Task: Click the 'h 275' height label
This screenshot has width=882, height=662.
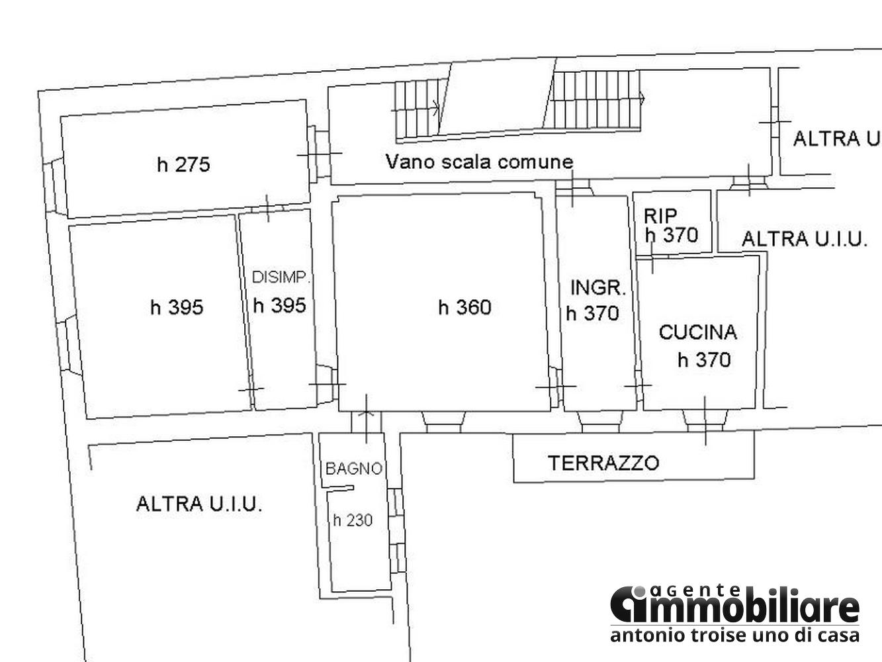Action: click(184, 165)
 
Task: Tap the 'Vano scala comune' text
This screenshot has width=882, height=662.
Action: click(479, 162)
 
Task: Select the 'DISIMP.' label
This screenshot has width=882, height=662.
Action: click(281, 277)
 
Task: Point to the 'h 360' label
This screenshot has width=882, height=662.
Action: click(465, 307)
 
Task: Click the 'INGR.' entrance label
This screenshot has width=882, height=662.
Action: click(598, 288)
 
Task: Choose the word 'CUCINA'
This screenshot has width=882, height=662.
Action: click(698, 332)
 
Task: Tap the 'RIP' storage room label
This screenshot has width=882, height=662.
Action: click(660, 216)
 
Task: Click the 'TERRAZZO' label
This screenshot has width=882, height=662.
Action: click(603, 463)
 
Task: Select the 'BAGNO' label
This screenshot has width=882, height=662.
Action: click(353, 469)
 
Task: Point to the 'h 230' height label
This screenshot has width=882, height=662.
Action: click(353, 520)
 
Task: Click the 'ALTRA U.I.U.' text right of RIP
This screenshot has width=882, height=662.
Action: click(804, 239)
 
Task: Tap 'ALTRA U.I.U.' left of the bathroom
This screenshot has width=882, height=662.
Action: click(199, 504)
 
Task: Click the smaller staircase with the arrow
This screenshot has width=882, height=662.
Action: click(418, 109)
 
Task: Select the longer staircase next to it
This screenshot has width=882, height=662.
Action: click(593, 100)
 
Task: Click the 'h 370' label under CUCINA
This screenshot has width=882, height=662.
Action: click(704, 359)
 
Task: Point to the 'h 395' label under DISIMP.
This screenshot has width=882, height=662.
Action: click(280, 305)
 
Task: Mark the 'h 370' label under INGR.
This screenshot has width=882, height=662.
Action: click(592, 314)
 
